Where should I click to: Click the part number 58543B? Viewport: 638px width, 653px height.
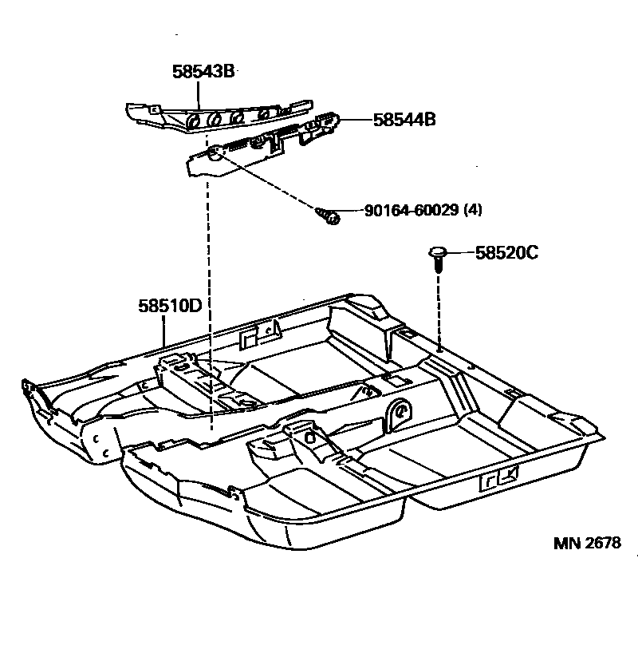[x=203, y=71]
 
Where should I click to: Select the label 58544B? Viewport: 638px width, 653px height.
[x=404, y=120]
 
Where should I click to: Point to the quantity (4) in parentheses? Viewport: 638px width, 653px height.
[x=474, y=210]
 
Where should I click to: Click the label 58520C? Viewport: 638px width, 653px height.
[x=506, y=253]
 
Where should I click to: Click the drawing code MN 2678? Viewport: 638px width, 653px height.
[x=587, y=544]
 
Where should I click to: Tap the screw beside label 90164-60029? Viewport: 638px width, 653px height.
[x=327, y=215]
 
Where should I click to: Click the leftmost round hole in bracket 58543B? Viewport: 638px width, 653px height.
[x=192, y=121]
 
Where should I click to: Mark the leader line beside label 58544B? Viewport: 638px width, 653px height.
[x=357, y=120]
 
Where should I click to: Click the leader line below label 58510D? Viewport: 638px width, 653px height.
[x=164, y=328]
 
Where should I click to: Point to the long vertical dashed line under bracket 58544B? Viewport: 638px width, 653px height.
[x=209, y=303]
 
